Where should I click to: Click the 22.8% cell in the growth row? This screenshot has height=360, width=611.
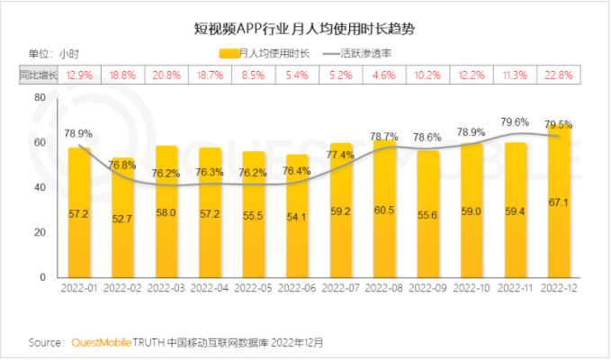561,76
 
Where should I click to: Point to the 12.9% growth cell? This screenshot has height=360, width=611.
80,76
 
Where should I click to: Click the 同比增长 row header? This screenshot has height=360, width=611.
38,76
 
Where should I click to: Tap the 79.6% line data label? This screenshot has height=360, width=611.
515,121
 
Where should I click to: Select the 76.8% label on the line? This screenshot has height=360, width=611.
122,165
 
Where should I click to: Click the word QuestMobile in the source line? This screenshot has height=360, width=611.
100,343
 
